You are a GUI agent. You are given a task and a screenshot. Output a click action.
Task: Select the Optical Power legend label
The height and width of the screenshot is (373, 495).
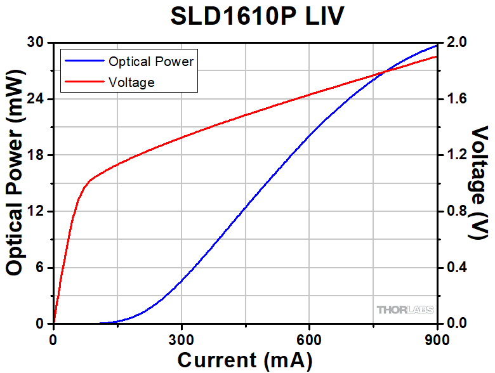tap(150, 62)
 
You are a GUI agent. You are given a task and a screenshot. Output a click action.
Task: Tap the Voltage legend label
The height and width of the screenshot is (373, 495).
tap(131, 82)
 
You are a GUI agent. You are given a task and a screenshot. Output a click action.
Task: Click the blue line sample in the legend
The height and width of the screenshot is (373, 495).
tap(82, 62)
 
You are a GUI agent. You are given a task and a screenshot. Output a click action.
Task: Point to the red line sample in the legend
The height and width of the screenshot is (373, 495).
tap(82, 82)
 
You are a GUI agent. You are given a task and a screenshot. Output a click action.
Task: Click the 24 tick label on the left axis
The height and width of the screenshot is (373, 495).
tap(37, 99)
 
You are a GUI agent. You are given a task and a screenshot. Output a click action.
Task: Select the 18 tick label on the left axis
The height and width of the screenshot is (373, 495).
tap(37, 155)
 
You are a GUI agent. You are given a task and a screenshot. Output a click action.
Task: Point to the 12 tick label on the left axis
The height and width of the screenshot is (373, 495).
tap(37, 211)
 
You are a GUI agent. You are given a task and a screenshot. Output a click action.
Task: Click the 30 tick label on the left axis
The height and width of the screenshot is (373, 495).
tap(37, 43)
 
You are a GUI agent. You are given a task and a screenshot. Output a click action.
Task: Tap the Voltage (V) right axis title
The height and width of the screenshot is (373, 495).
tap(480, 183)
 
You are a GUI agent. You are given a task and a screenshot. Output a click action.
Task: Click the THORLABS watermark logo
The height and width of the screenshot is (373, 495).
tap(405, 310)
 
